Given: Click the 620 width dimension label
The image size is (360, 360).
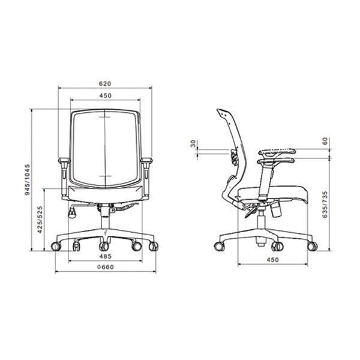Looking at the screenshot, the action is (105, 83).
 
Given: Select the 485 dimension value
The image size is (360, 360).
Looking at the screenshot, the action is (106, 256).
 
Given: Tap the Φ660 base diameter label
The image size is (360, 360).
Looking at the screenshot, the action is (106, 267).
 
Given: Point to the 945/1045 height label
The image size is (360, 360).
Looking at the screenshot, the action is (28, 179).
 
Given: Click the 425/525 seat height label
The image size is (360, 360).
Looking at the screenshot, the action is (40, 220).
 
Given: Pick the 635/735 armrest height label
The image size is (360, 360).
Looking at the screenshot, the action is (325, 205).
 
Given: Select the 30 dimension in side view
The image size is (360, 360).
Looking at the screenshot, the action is (193, 144).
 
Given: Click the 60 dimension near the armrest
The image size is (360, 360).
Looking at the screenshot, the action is (325, 141).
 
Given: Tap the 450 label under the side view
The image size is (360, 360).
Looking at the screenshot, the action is (273, 260).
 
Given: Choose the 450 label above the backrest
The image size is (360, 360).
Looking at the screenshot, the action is (106, 95).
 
